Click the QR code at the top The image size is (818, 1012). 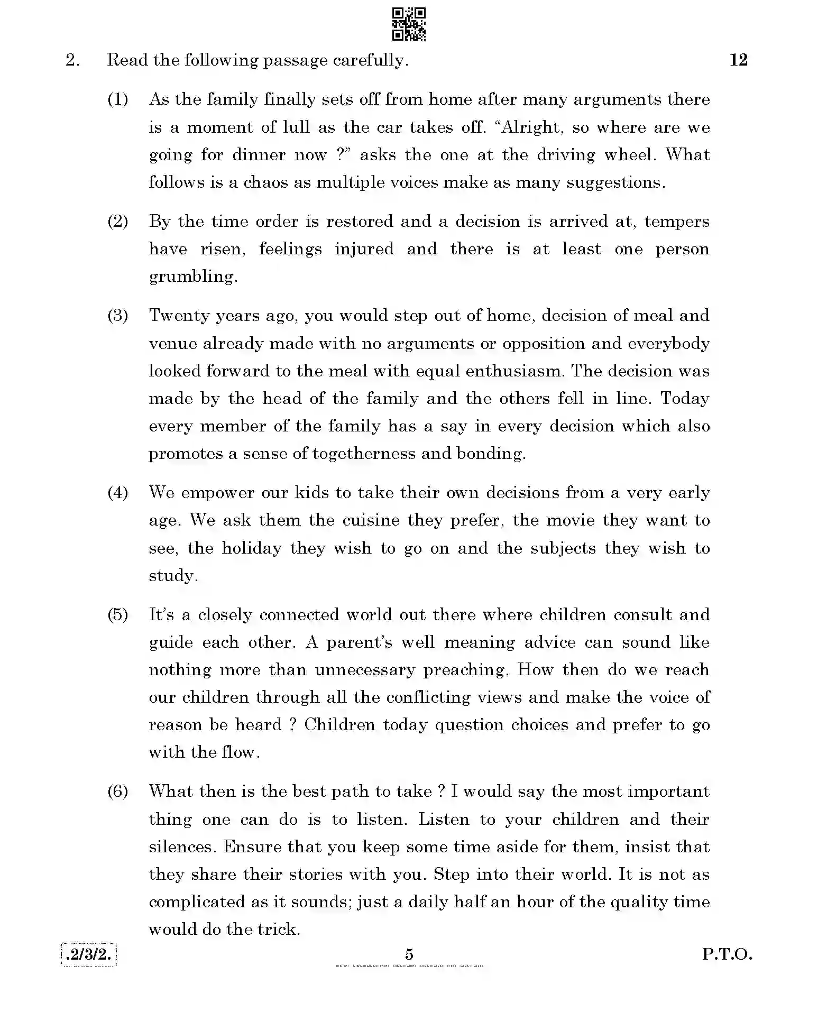click(409, 24)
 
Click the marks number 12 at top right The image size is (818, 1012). click(738, 60)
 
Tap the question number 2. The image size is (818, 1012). click(72, 60)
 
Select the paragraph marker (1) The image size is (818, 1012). click(118, 99)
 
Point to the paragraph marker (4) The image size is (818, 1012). click(118, 493)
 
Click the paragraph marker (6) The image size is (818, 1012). click(118, 792)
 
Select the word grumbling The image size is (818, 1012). click(192, 277)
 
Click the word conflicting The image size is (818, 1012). click(428, 697)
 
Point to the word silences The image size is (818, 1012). click(182, 847)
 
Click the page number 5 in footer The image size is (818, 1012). click(409, 954)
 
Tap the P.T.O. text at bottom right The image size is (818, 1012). click(727, 954)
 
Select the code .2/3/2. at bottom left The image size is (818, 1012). click(89, 954)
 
